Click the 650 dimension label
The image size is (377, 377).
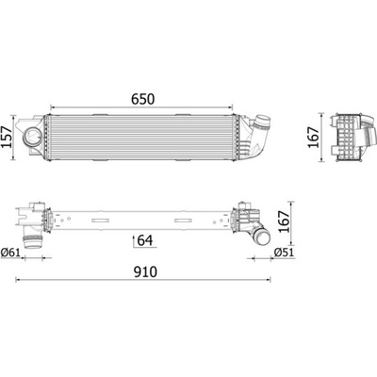(x=143, y=99)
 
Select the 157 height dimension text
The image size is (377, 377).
(x=7, y=138)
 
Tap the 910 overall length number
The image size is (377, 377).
(x=145, y=272)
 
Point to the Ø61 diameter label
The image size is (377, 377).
(x=10, y=252)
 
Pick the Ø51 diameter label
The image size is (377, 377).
(x=284, y=252)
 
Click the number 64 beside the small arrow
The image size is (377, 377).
(x=145, y=240)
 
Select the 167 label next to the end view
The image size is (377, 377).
(x=313, y=138)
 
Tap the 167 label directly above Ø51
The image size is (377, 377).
(x=285, y=221)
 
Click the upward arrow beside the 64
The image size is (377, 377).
(x=134, y=240)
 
